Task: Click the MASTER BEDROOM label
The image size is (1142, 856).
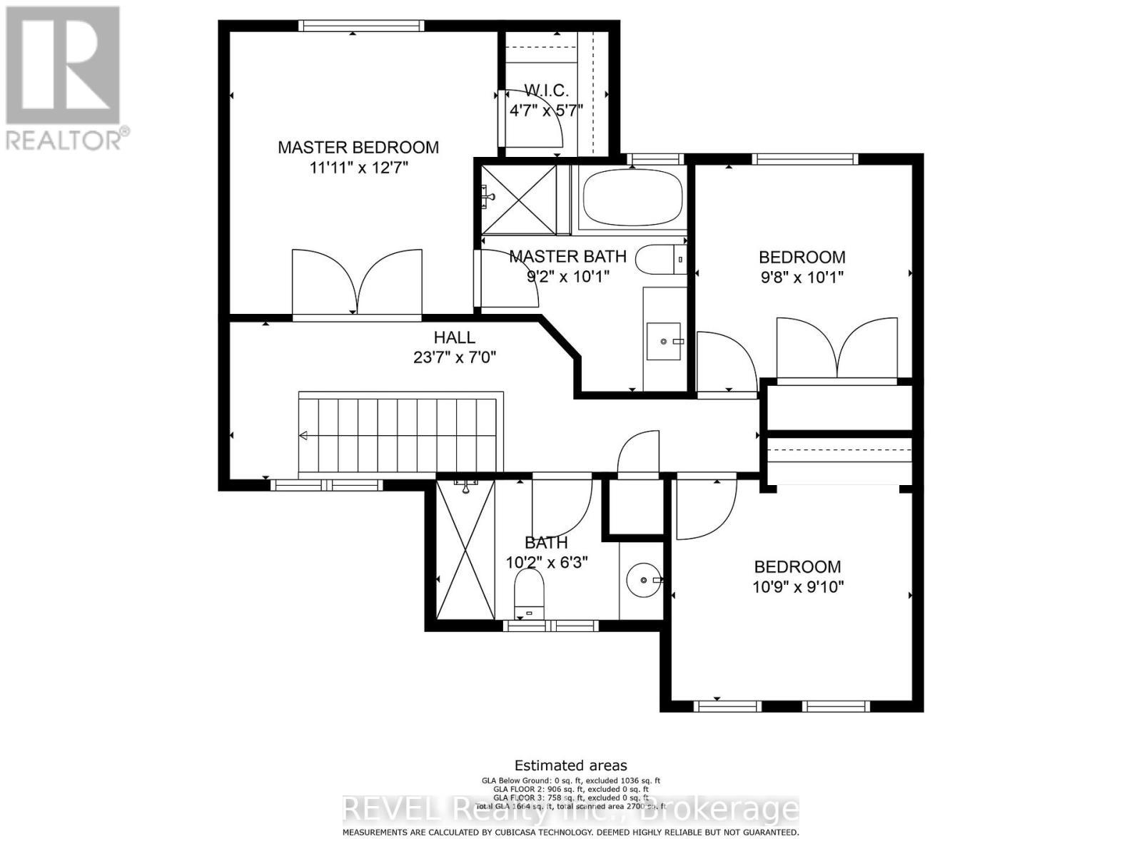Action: click(358, 148)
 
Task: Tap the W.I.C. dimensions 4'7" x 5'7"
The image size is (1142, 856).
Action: click(546, 111)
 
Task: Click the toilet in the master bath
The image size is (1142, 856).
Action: click(658, 260)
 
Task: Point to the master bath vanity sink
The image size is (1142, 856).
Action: click(665, 342)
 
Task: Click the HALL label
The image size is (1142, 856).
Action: click(454, 337)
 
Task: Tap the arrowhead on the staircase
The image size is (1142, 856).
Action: click(303, 436)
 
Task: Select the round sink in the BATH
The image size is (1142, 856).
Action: click(645, 581)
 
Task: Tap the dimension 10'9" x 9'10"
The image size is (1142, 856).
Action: click(798, 587)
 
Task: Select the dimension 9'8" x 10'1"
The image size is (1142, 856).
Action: click(801, 277)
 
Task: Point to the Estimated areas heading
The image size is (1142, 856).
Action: click(570, 765)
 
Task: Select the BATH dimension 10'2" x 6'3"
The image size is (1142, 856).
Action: click(547, 562)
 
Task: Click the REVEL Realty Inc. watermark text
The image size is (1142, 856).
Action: click(570, 810)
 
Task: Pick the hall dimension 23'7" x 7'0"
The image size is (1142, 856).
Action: click(454, 357)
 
